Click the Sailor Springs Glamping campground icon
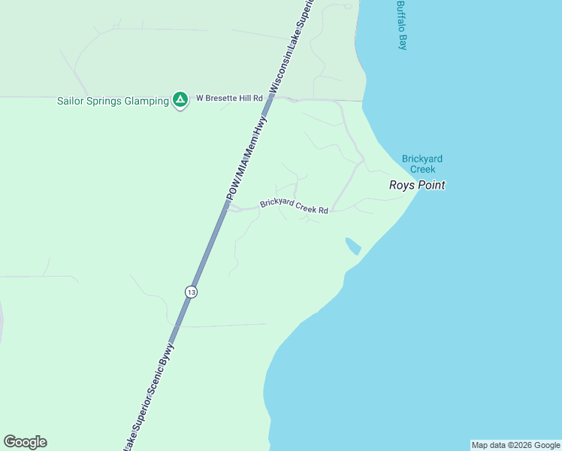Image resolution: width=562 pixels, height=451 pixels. (180, 99)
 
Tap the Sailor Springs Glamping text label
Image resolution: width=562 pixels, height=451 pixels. (113, 101)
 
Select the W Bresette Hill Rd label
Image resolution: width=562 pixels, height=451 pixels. (229, 98)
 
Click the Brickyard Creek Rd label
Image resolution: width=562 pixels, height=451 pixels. (295, 206)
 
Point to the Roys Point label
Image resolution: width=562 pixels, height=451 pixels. (417, 185)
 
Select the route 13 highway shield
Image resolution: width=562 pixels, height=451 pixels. (192, 292)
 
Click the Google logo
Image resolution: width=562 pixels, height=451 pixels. (25, 442)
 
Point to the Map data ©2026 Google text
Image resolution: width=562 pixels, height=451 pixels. (515, 445)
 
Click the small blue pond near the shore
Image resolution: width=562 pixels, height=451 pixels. (352, 246)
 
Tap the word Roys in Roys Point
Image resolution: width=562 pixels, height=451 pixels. (401, 185)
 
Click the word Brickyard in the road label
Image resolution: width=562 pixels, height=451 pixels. (277, 204)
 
